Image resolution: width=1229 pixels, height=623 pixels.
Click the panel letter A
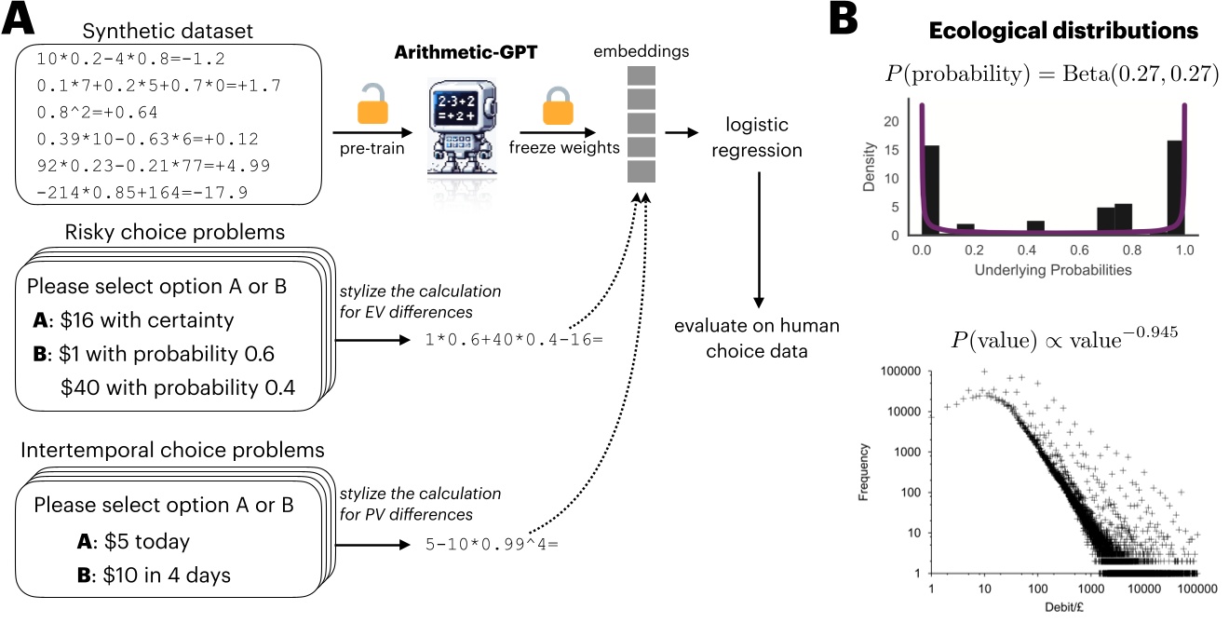[20, 19]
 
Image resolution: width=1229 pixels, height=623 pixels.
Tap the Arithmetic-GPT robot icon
[456, 130]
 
